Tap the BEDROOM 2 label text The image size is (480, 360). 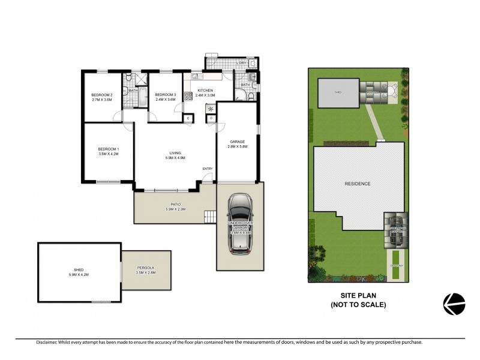tap(102, 95)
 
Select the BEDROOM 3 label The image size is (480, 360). tap(165, 95)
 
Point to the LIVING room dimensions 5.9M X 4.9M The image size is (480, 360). tap(175, 158)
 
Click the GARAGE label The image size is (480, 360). tap(238, 142)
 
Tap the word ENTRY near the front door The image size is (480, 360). tap(208, 169)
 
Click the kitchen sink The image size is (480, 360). tap(198, 76)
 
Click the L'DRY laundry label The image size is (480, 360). tap(241, 63)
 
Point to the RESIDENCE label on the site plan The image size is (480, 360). tap(357, 184)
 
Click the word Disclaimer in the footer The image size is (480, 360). tap(46, 342)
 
